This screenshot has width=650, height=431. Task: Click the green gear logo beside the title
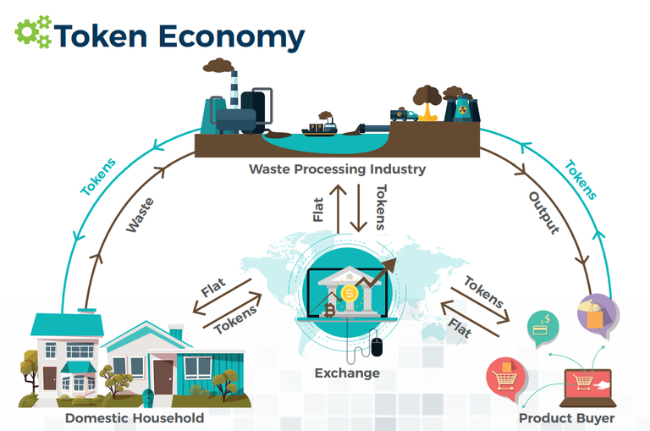click(x=33, y=31)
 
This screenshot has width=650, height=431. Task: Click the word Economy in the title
click(x=231, y=37)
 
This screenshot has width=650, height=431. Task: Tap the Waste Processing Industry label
click(x=337, y=169)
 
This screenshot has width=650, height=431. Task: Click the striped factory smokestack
click(x=234, y=89)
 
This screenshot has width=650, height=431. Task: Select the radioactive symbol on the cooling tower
click(x=462, y=110)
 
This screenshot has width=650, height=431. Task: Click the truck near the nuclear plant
click(x=404, y=115)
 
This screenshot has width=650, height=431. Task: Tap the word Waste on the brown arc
click(x=140, y=215)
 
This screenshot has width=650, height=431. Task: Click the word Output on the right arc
click(x=544, y=213)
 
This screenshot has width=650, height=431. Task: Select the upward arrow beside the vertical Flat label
click(x=339, y=208)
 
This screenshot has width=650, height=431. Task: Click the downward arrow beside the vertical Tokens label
click(x=359, y=207)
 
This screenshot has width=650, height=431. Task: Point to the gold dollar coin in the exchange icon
click(x=350, y=293)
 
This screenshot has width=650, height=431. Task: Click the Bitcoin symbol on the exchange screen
click(x=329, y=310)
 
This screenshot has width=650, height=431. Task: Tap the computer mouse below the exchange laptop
click(x=377, y=347)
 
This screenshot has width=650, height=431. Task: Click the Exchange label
click(x=347, y=373)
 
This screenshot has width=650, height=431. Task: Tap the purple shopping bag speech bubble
click(x=598, y=314)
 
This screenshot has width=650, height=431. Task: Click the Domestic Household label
click(x=135, y=417)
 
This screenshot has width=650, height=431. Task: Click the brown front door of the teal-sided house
click(x=162, y=377)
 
